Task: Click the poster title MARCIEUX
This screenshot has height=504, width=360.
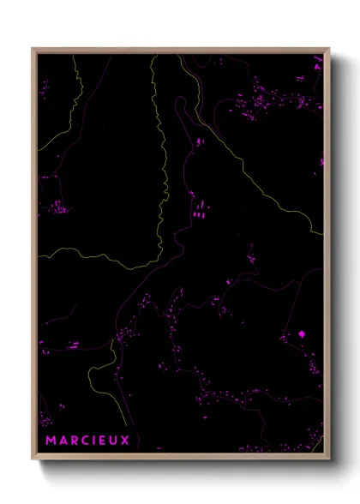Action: coord(87,441)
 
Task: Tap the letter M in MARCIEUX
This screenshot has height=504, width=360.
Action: coord(51,441)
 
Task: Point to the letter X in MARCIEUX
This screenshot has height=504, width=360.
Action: coord(125,441)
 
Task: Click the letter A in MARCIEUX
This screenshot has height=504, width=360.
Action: coord(62,441)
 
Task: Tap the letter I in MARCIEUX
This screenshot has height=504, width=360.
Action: coord(93,441)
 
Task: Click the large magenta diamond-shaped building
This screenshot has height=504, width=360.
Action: coord(302,334)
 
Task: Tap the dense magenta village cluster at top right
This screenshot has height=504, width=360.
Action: coord(274,99)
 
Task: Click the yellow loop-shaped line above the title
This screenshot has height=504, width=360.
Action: coord(99,377)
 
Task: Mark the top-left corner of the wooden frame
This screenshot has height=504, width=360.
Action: coord(33,49)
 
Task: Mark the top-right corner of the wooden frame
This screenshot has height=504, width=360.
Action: coord(328,49)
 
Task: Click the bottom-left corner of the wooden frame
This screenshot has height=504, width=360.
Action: coord(33,458)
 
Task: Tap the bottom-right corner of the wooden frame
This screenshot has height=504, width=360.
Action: coord(328,458)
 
